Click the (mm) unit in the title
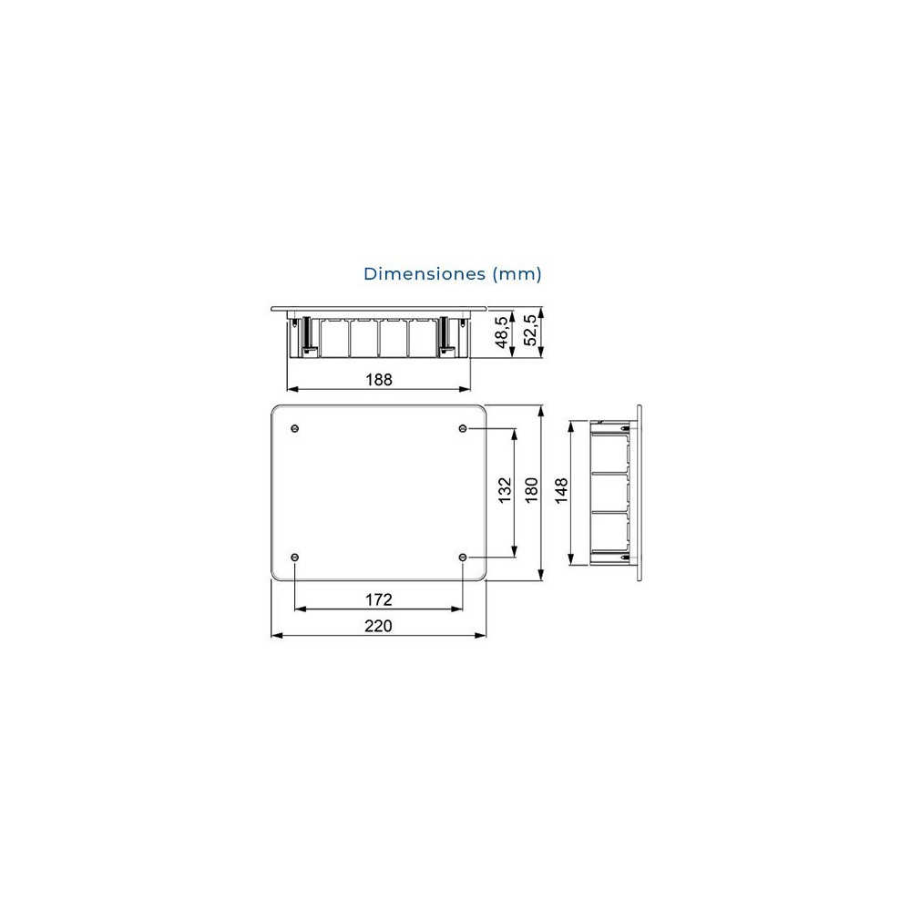[517, 274]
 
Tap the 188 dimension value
[379, 379]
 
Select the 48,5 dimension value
[502, 333]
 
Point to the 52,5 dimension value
[530, 330]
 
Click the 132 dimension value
[505, 490]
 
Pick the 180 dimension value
[532, 490]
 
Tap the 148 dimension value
[561, 491]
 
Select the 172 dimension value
[379, 599]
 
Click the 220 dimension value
[378, 626]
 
